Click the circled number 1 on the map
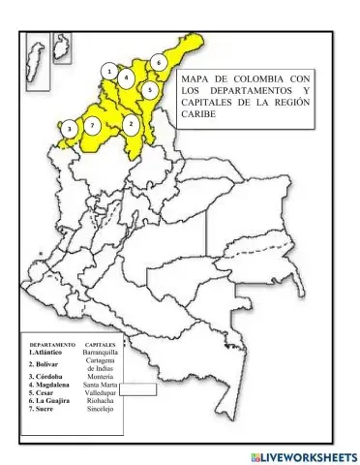[x=110, y=71]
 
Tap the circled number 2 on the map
[x=131, y=124]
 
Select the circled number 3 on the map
[x=69, y=128]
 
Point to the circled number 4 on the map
[x=126, y=77]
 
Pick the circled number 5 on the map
[x=150, y=89]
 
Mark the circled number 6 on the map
[x=159, y=62]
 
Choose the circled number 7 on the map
[x=91, y=126]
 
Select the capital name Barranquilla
[x=101, y=353]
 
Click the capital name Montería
[x=101, y=376]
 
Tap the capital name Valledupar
[x=101, y=393]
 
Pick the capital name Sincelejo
[x=101, y=409]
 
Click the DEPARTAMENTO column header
[x=52, y=344]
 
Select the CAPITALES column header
[x=101, y=344]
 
